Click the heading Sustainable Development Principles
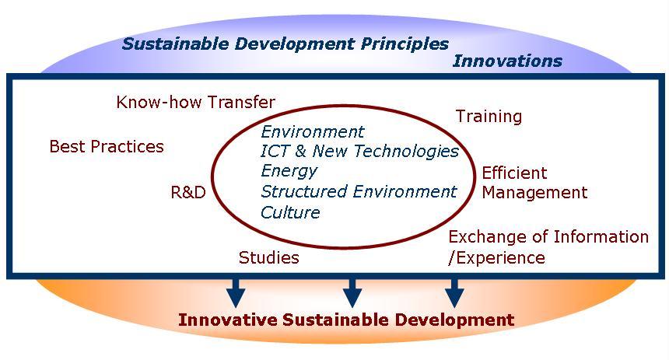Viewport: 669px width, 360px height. (x=285, y=44)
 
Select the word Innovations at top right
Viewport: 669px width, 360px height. (x=507, y=61)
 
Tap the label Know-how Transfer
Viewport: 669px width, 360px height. (x=195, y=102)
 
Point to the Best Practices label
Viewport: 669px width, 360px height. (x=107, y=146)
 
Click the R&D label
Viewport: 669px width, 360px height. (x=188, y=192)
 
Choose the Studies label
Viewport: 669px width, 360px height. (x=268, y=257)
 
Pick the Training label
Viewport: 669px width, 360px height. (x=489, y=117)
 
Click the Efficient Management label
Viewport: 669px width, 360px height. (x=534, y=183)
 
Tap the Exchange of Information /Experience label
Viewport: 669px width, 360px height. (x=548, y=246)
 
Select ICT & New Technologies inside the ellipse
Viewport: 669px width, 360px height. (x=359, y=151)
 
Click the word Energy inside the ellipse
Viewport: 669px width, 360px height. (x=289, y=171)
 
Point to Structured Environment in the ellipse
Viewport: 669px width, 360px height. (x=359, y=191)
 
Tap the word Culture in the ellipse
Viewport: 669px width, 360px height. (x=290, y=212)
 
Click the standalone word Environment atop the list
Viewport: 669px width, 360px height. (x=312, y=131)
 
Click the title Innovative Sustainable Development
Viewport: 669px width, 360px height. (x=345, y=320)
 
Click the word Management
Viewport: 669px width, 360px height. (x=534, y=192)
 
